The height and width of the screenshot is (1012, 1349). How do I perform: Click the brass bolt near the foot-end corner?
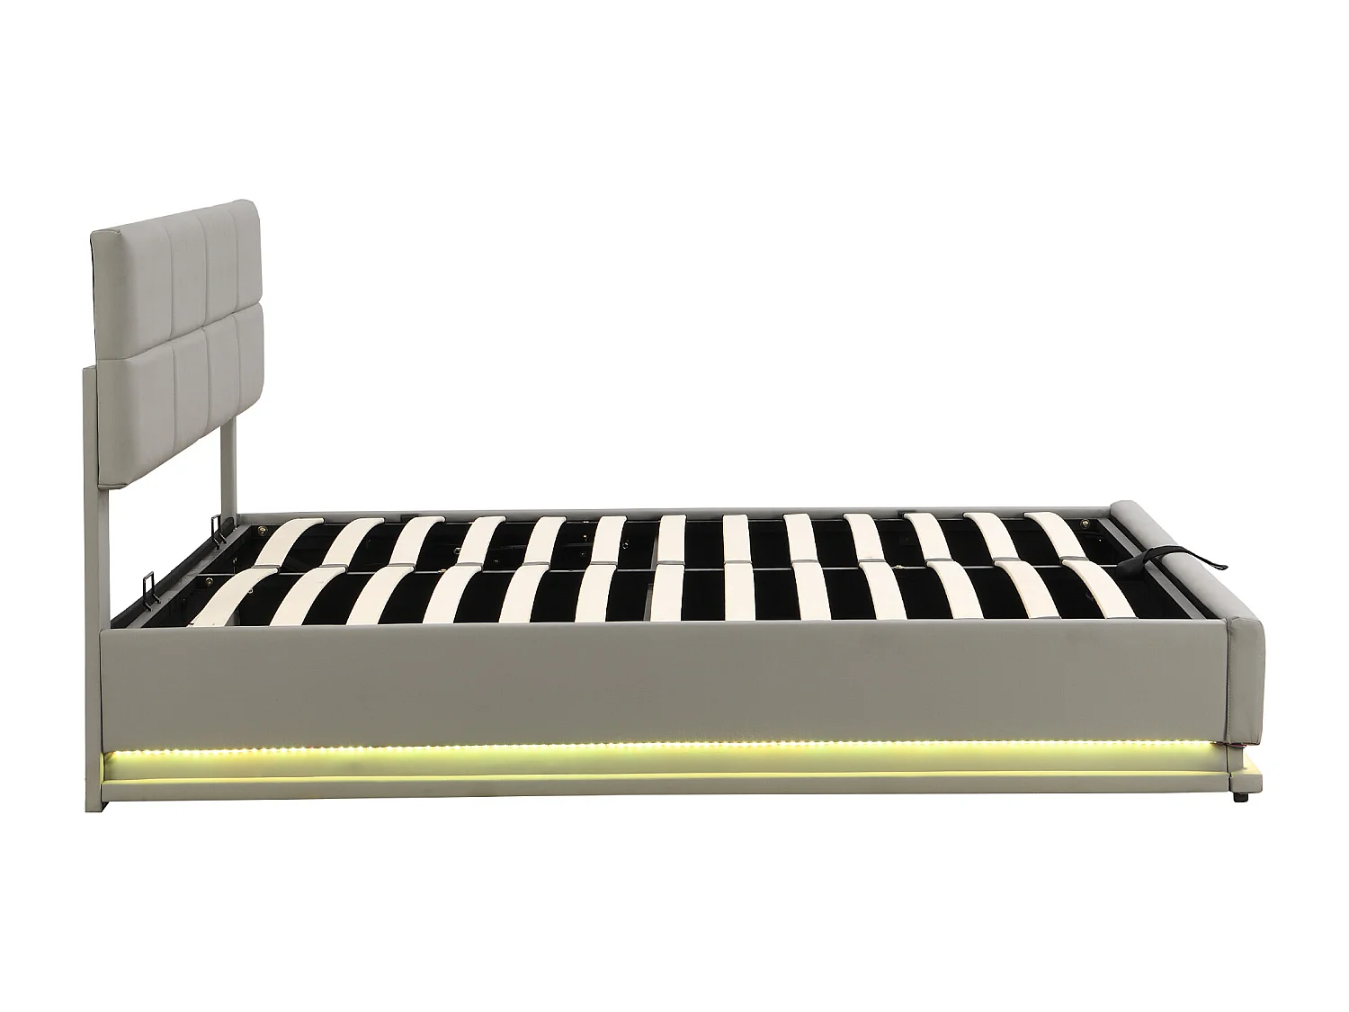(1090, 523)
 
